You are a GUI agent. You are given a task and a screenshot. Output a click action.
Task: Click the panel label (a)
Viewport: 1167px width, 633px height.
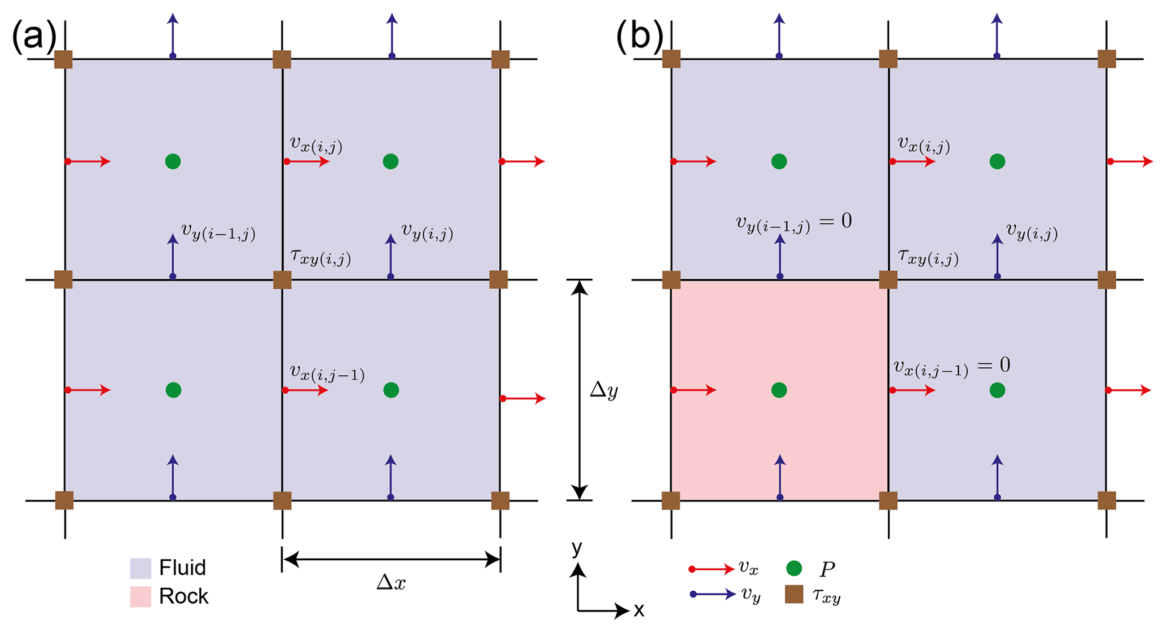coord(34,37)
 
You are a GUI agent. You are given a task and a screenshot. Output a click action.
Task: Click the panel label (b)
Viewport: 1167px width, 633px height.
coord(639,37)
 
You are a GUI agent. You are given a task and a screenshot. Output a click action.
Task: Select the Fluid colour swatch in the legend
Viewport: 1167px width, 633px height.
coord(141,568)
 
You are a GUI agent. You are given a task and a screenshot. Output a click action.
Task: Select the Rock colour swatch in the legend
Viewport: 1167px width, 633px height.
coord(141,596)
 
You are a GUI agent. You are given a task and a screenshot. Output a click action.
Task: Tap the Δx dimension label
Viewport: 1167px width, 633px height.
coord(391,582)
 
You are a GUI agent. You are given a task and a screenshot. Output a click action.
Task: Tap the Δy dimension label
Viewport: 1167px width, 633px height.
coord(604,390)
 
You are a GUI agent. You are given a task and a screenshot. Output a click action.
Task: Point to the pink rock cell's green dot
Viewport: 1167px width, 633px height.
coord(779,390)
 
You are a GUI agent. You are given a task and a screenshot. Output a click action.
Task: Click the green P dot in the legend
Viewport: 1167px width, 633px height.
coord(794,568)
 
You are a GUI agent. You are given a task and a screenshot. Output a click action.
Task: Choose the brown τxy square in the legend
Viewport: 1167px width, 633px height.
coord(794,594)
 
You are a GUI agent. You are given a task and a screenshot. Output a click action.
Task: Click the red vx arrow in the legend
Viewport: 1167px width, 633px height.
coord(712,569)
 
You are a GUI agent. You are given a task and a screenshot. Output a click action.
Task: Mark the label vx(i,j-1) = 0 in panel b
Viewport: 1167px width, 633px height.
coord(951,367)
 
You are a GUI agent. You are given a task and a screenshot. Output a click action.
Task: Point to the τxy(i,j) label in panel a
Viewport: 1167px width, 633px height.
coord(321,257)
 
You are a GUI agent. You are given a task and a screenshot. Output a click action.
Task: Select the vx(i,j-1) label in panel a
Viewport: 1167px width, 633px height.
coord(327,373)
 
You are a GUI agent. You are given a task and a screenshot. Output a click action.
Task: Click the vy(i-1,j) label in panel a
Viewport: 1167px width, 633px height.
coord(218,231)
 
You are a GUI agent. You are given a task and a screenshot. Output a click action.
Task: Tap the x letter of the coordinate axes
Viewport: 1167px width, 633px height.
coord(639,610)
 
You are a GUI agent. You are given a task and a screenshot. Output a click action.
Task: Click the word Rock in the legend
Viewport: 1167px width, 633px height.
coord(183,596)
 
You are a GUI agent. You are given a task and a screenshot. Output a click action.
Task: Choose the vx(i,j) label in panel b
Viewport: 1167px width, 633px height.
coord(924,145)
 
